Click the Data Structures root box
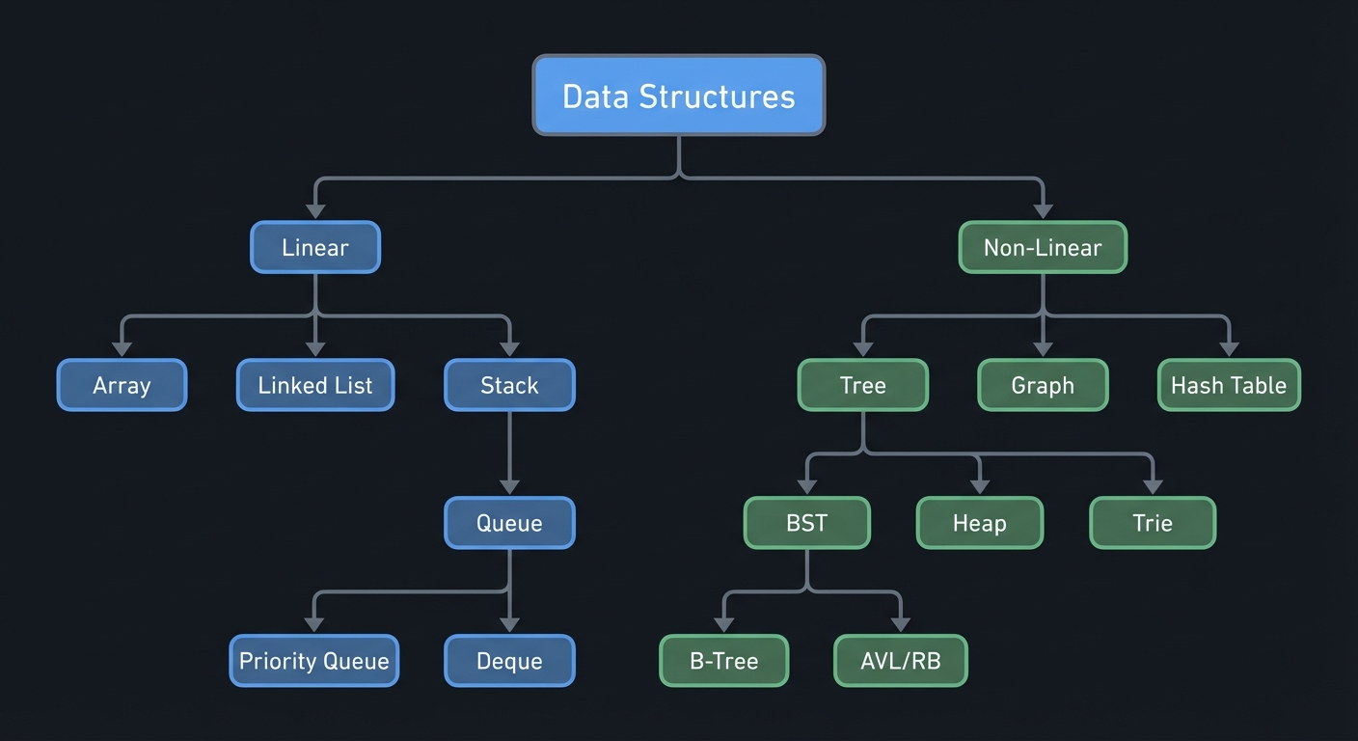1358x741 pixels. (x=678, y=96)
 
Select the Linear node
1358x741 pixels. (x=315, y=247)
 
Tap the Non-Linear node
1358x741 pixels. (x=1042, y=247)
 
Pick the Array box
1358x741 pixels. (x=122, y=385)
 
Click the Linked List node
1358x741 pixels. (x=315, y=385)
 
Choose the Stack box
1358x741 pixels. (x=509, y=385)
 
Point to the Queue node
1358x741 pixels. (x=509, y=523)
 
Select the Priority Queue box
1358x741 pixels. (x=313, y=661)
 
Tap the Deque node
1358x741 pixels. (x=509, y=661)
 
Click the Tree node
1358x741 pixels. (x=862, y=385)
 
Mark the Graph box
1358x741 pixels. (x=1042, y=385)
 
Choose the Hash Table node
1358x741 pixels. (x=1228, y=385)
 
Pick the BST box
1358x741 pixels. (x=806, y=523)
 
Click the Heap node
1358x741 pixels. (x=979, y=523)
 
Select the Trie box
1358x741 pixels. (x=1152, y=523)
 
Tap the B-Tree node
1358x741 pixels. (x=723, y=661)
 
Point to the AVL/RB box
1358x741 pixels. (x=899, y=661)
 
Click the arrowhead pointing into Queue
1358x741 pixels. (x=509, y=486)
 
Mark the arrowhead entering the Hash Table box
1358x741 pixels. (x=1228, y=348)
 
